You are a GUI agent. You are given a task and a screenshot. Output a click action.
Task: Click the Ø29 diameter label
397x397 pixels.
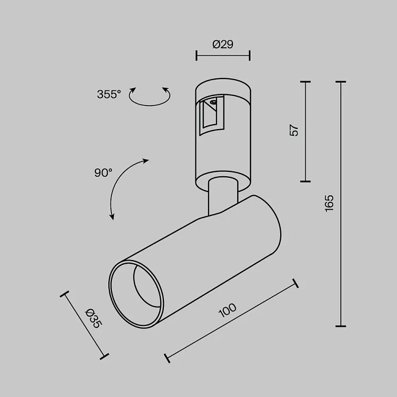click(x=223, y=44)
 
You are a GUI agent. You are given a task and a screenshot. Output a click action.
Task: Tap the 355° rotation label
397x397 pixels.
click(x=109, y=94)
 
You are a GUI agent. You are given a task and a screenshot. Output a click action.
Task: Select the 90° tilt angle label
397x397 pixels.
click(x=103, y=173)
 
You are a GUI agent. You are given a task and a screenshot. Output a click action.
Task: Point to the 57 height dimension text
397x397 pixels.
click(x=294, y=130)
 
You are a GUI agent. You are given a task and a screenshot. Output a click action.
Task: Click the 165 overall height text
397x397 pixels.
click(x=330, y=203)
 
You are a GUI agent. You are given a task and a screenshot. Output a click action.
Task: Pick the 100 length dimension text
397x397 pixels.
click(x=227, y=310)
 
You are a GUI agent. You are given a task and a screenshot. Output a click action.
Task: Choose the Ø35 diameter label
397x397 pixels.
click(x=94, y=318)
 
